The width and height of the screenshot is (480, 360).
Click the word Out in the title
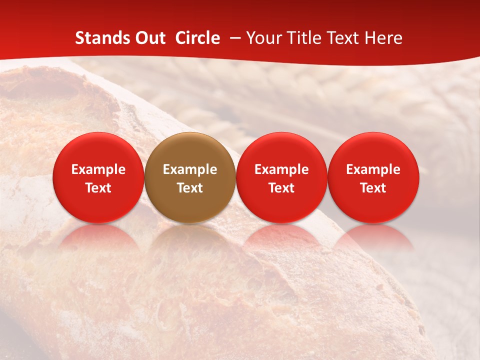coord(150,38)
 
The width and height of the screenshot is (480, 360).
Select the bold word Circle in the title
coord(197,38)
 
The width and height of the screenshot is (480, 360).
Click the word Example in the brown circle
coord(190,169)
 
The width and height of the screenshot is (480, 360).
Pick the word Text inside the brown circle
coord(190,188)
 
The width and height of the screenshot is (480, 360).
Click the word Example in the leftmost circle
coord(98,169)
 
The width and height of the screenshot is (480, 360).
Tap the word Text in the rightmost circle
coord(373,188)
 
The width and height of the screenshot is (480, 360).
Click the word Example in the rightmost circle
coord(373,169)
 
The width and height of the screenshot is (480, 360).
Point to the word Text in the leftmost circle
coord(98,188)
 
